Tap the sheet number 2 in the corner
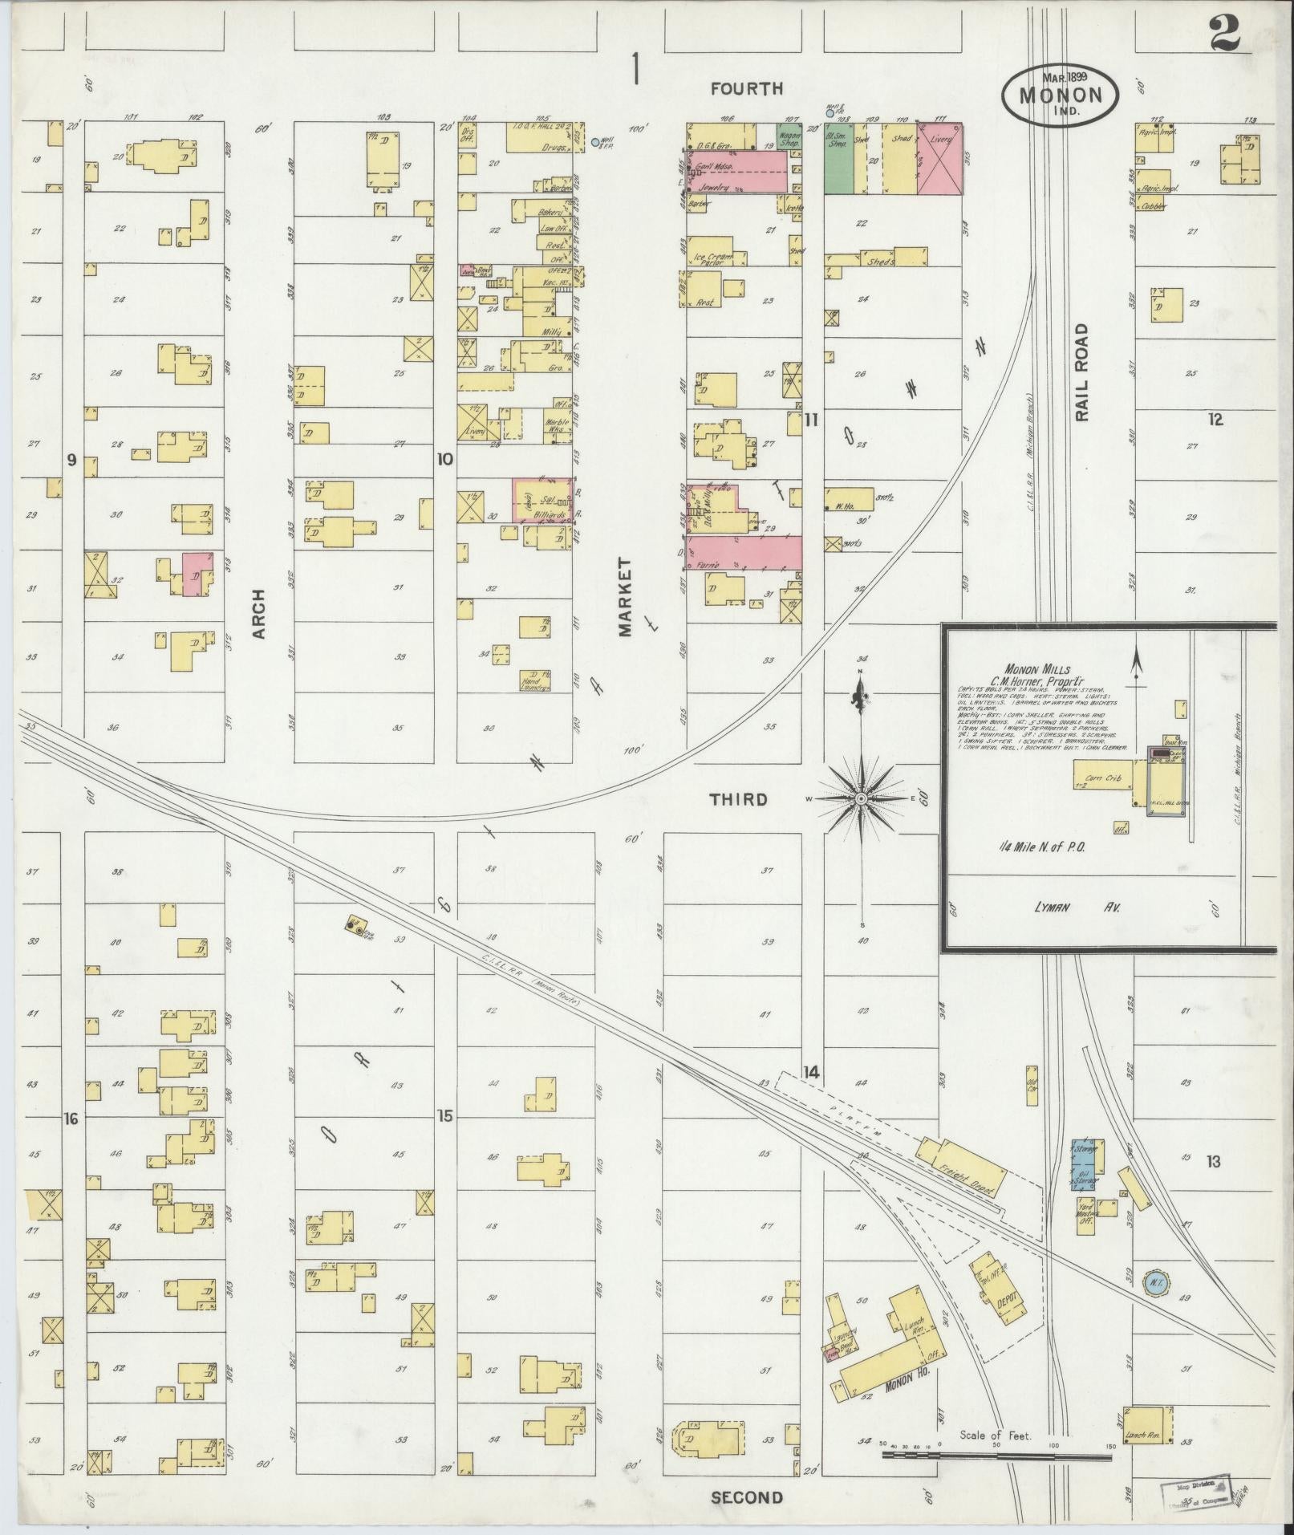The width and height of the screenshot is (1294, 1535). (1226, 34)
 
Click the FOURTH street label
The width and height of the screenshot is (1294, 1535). (746, 89)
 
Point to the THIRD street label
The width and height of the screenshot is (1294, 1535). (739, 800)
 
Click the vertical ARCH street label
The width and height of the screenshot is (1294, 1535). (258, 614)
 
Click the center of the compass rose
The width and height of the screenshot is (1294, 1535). (861, 799)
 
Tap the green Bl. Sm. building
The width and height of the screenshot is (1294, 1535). (838, 158)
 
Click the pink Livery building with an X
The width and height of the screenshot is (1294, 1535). (939, 158)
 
